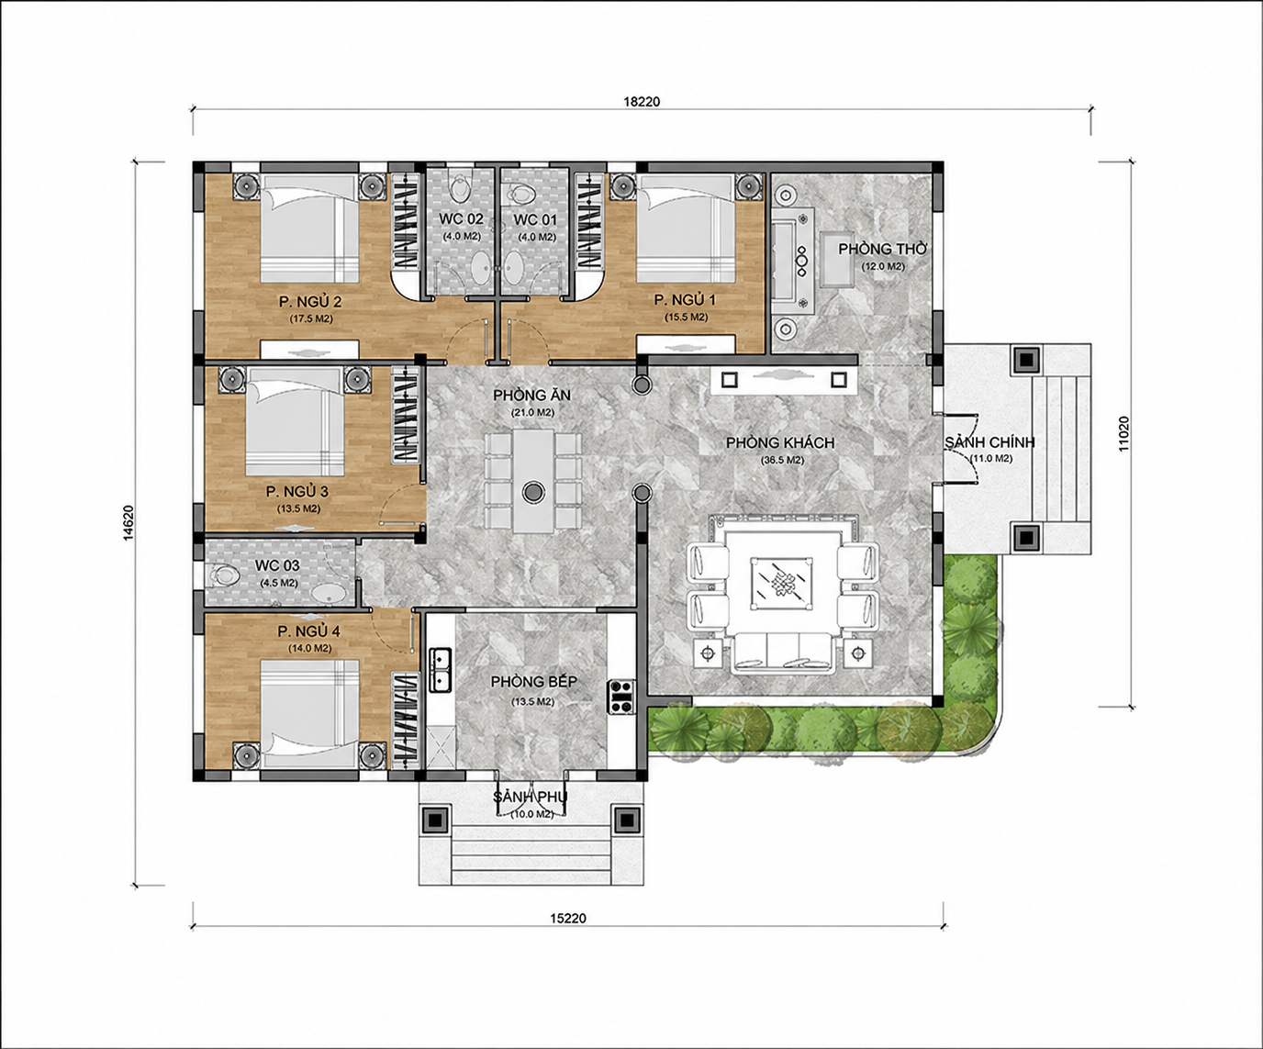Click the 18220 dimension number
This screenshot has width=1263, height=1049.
pyautogui.click(x=642, y=102)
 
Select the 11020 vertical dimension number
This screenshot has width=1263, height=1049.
pyautogui.click(x=1123, y=434)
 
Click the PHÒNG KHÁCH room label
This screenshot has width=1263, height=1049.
pyautogui.click(x=780, y=443)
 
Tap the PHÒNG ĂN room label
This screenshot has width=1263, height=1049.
pyautogui.click(x=531, y=396)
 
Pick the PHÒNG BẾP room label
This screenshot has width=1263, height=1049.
pyautogui.click(x=533, y=682)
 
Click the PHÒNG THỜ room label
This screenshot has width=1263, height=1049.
pyautogui.click(x=883, y=249)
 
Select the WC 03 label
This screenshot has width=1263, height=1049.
pyautogui.click(x=277, y=565)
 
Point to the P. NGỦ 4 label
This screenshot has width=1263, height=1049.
pyautogui.click(x=309, y=631)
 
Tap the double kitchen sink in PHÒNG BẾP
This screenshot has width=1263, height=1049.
pyautogui.click(x=439, y=670)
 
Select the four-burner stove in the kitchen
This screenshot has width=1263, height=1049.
pyautogui.click(x=621, y=696)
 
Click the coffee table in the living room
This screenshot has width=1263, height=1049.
pyautogui.click(x=781, y=582)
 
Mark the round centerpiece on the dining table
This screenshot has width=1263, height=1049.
pyautogui.click(x=533, y=491)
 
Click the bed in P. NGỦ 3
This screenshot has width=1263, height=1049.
pyautogui.click(x=295, y=421)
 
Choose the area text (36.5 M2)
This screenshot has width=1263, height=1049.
pyautogui.click(x=783, y=460)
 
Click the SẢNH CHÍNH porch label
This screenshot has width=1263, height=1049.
pyautogui.click(x=989, y=442)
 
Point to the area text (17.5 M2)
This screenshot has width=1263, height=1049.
pyautogui.click(x=311, y=318)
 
